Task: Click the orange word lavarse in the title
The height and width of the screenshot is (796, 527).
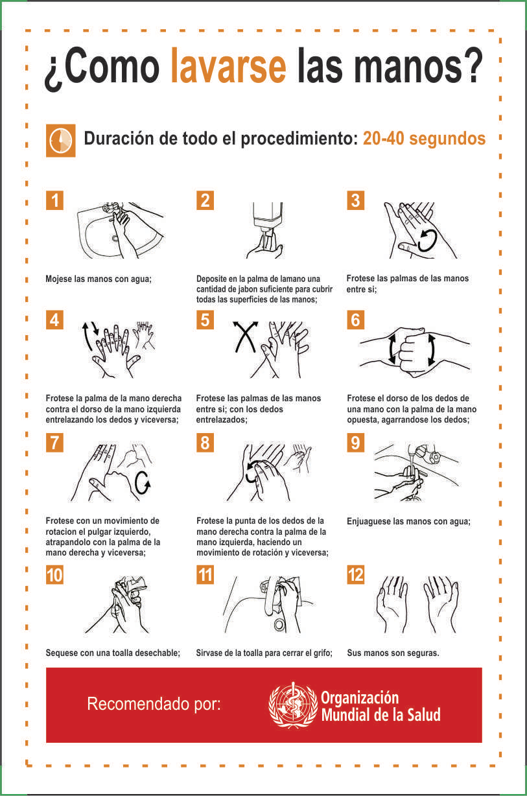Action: (x=229, y=66)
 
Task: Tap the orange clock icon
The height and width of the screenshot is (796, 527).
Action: (x=60, y=141)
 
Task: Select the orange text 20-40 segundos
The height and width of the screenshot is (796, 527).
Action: (x=424, y=139)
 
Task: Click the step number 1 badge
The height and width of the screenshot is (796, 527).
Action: (x=54, y=200)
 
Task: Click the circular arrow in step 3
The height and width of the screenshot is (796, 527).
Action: (x=427, y=240)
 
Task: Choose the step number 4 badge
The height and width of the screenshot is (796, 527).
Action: (x=54, y=320)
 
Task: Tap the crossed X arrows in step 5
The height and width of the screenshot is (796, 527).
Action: (x=245, y=336)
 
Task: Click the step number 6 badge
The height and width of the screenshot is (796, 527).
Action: (x=356, y=320)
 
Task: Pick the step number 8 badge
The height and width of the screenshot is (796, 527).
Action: (x=205, y=443)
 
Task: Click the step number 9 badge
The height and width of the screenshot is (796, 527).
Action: (x=356, y=443)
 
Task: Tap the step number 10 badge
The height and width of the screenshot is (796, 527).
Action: (x=54, y=575)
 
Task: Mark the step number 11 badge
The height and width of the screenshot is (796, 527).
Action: (x=205, y=575)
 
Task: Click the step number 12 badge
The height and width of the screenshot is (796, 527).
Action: (x=356, y=575)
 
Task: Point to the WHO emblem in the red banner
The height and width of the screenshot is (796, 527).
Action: (x=293, y=705)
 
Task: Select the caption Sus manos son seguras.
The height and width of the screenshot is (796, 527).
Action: (x=393, y=653)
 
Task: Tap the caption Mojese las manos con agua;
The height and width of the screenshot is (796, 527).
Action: (x=99, y=279)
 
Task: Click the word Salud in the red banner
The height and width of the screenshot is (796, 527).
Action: (x=424, y=715)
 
